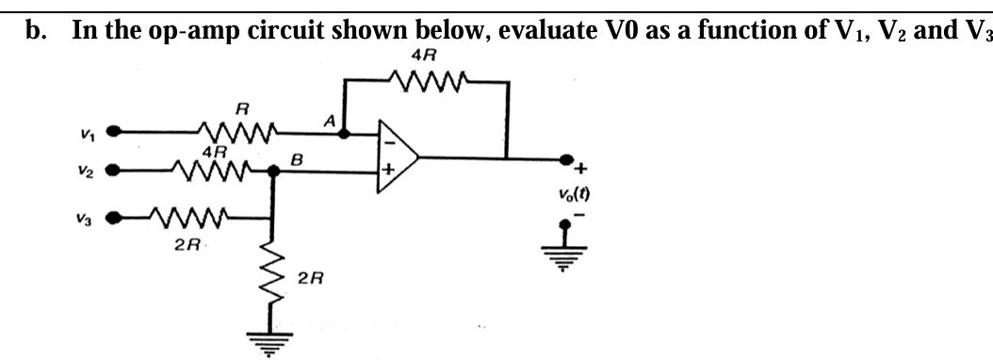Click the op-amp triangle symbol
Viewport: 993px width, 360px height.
coord(397,155)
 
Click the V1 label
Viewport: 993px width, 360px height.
coord(86,131)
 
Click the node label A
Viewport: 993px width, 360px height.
coord(330,120)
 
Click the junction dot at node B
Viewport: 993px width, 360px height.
coord(274,172)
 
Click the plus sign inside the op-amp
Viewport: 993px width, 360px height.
coord(386,172)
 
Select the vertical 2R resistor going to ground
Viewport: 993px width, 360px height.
coord(274,274)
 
